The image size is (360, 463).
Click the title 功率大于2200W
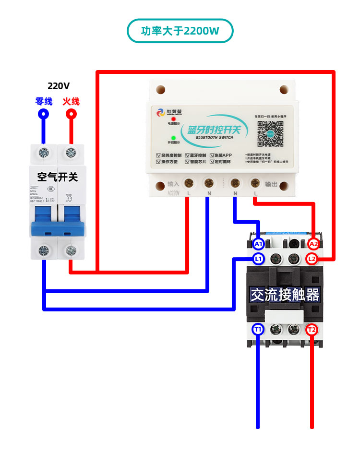pos(180,31)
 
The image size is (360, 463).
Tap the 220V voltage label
pos(59,86)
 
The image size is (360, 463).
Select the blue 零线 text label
pos(44,101)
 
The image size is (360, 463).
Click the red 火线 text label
pos(71,101)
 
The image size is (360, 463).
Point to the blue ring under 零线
pos(44,114)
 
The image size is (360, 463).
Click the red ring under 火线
pos(71,114)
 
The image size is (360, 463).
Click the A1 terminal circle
pos(258,244)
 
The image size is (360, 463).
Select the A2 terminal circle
pos(313,244)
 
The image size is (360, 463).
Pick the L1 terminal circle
pos(258,259)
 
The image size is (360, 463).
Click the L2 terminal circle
pos(312,259)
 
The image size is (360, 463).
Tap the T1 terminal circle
pos(258,329)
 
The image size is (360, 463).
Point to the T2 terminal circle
pos(312,329)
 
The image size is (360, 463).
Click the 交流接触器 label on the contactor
pos(285,295)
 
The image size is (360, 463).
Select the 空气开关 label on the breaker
pos(57,177)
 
